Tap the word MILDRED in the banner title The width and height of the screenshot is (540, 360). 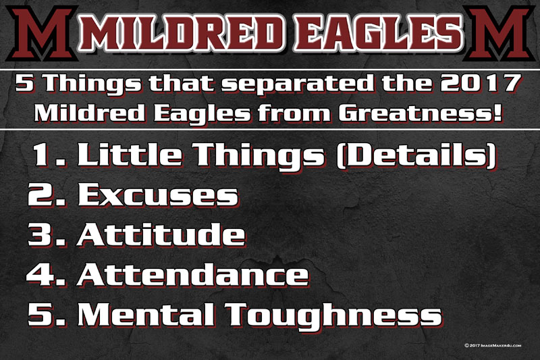pyautogui.click(x=182, y=33)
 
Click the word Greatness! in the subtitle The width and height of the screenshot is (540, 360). pyautogui.click(x=421, y=113)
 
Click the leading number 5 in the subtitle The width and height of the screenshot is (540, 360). pyautogui.click(x=25, y=83)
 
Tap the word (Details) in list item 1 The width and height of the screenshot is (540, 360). pyautogui.click(x=416, y=155)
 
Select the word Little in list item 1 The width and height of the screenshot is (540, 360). pyautogui.click(x=130, y=154)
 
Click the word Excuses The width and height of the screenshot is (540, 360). pyautogui.click(x=158, y=195)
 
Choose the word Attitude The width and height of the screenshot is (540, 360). pyautogui.click(x=161, y=234)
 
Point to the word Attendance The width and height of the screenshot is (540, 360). pyautogui.click(x=193, y=275)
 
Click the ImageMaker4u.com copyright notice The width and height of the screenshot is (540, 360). pyautogui.click(x=493, y=345)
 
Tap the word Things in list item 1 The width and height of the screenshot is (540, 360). pyautogui.click(x=261, y=156)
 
